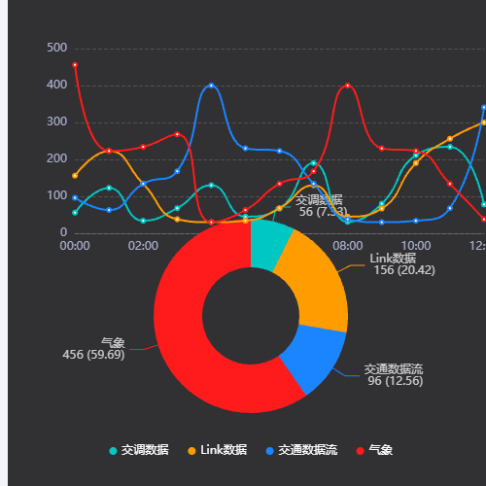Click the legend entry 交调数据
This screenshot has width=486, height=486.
[138, 450]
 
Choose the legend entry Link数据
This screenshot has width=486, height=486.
[217, 450]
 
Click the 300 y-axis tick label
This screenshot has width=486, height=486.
[56, 122]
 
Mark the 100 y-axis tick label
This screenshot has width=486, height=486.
[56, 196]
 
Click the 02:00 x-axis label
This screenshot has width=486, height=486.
[143, 246]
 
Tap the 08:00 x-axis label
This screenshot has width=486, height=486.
[348, 246]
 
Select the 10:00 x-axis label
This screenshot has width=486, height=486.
[416, 246]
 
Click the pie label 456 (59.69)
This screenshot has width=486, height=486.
[93, 355]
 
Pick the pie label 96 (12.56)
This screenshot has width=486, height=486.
[395, 380]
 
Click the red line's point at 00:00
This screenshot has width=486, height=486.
[75, 65]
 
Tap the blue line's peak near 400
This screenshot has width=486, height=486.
[212, 86]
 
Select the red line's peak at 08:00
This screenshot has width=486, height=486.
[348, 86]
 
